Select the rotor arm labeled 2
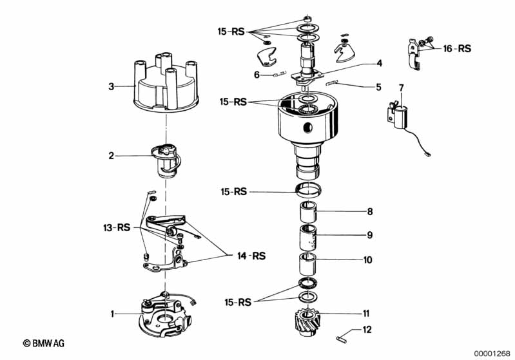(166, 161)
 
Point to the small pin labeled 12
(342, 339)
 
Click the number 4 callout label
(380, 63)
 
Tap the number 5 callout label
(379, 87)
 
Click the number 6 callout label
(257, 75)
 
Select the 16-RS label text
(457, 48)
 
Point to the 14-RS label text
(251, 256)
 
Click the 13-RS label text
(117, 227)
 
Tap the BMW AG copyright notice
(44, 343)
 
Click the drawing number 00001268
(492, 354)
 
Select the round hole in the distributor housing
(307, 128)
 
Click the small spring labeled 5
(332, 83)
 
